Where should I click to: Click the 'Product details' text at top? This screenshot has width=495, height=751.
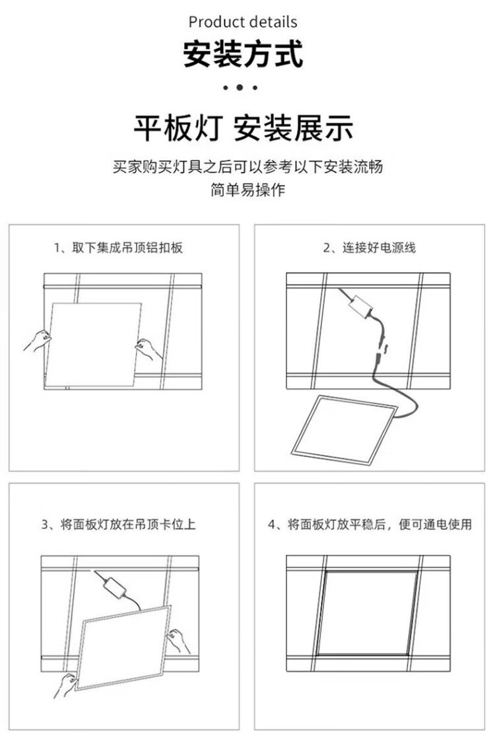click(x=243, y=22)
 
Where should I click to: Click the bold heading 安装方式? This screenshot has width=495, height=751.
click(x=243, y=54)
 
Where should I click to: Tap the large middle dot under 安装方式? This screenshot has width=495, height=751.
click(x=240, y=88)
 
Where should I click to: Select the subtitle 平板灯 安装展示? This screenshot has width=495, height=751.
click(x=243, y=128)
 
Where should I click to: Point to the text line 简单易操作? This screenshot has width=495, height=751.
click(x=247, y=190)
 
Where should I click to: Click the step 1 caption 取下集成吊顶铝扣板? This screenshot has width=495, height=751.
click(x=118, y=248)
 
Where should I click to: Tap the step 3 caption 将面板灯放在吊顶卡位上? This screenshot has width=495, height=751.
click(x=118, y=524)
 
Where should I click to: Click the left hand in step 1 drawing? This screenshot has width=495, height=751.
click(x=38, y=340)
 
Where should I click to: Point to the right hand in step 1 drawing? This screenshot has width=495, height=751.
click(x=148, y=349)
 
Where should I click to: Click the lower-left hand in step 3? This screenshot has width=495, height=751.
click(x=65, y=686)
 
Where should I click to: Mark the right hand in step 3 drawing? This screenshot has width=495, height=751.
click(x=178, y=641)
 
